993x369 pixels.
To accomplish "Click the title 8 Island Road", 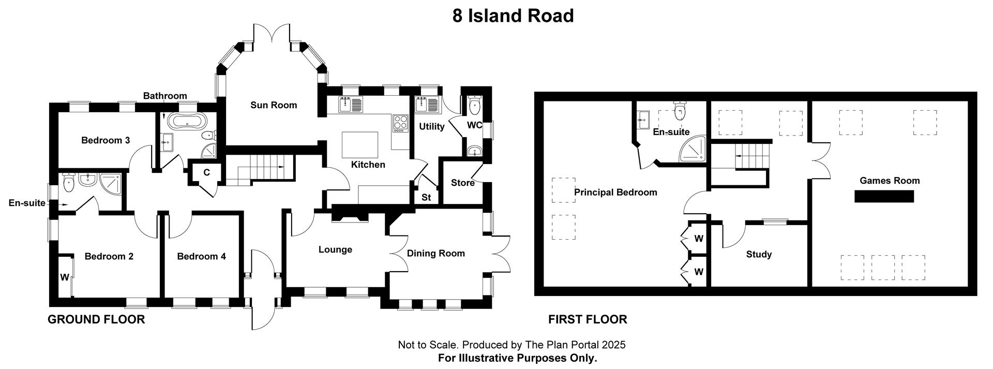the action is click(513, 16).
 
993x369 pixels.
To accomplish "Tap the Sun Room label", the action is click(274, 105).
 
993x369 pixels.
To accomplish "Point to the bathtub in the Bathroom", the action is click(188, 122).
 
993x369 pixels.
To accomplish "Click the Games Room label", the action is click(890, 181).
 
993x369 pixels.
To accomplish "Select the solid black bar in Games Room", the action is click(884, 196).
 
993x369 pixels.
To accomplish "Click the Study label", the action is click(759, 254).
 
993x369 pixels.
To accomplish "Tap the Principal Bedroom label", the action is click(615, 193).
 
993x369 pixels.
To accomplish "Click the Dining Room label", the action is click(435, 253).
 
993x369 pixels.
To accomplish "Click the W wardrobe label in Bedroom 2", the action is click(64, 277).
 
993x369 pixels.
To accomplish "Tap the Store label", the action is click(462, 183).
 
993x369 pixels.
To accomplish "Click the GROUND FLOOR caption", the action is click(96, 319).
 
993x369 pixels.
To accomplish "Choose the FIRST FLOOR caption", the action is click(588, 319).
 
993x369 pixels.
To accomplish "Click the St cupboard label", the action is click(426, 197).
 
